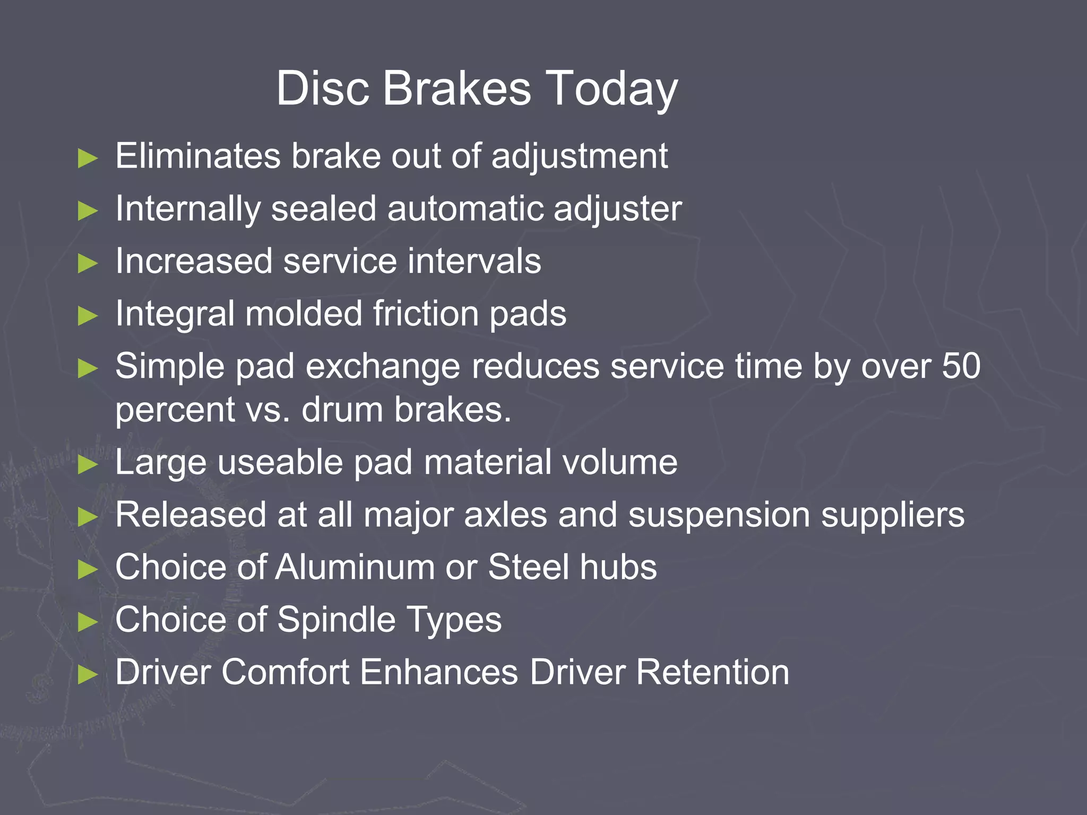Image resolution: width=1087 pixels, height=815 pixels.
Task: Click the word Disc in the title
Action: [322, 89]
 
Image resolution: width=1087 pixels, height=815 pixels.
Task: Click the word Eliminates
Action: [197, 156]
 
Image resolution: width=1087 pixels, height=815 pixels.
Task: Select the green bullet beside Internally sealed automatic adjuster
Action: [88, 211]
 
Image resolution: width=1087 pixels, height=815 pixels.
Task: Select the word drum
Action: [342, 410]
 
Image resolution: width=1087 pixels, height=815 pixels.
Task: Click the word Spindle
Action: [337, 620]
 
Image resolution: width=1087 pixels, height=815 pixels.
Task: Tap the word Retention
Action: [712, 672]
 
